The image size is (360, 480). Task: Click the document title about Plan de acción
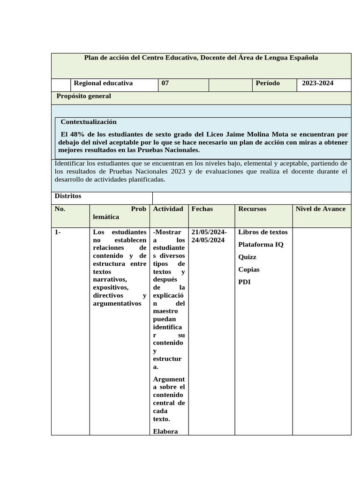(x=201, y=58)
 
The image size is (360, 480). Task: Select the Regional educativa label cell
(x=103, y=83)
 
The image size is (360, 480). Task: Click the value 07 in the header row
(x=165, y=83)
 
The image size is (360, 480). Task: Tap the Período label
(x=268, y=83)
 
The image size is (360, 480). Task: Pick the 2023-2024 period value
(x=317, y=83)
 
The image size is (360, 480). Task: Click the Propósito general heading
(x=83, y=96)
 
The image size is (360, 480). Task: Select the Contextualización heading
(x=89, y=122)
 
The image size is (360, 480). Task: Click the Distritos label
(x=68, y=196)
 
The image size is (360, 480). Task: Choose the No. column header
(x=60, y=209)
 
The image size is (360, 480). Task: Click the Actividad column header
(x=168, y=209)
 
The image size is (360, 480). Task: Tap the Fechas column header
(x=202, y=209)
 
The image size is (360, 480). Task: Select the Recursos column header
(x=252, y=209)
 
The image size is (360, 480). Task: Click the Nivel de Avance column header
(x=321, y=209)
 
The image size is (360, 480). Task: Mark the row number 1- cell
(x=58, y=232)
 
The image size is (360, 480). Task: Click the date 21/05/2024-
(x=209, y=232)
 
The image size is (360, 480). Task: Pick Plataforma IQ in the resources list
(x=261, y=245)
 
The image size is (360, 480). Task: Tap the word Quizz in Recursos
(x=247, y=257)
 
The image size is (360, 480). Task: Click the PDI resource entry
(x=245, y=282)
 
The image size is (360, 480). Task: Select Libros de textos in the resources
(x=263, y=232)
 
